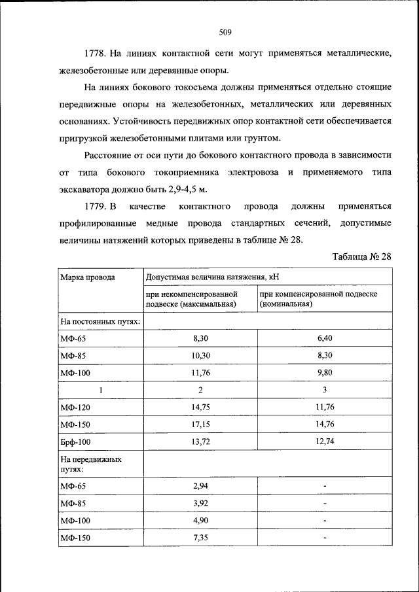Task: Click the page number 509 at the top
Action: pos(225,31)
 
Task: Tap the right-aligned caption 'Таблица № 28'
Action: pos(361,256)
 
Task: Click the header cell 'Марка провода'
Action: pos(88,277)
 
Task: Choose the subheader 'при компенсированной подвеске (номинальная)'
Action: pos(318,299)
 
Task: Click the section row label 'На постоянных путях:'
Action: pos(91,322)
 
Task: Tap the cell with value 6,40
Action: pos(325,338)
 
